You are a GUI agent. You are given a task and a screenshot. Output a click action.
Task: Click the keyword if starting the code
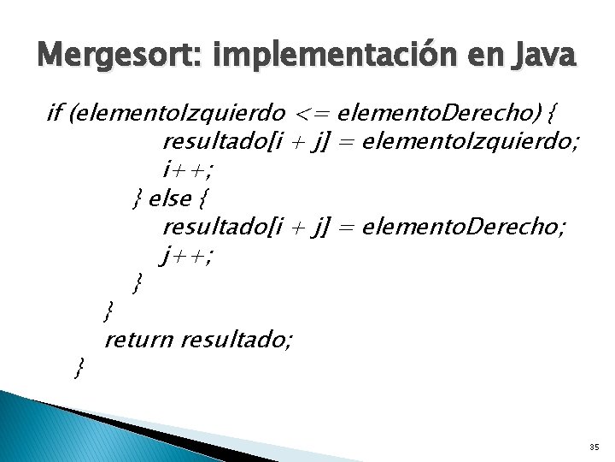[56, 112]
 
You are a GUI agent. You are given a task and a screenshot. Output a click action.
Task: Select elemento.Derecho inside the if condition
[436, 112]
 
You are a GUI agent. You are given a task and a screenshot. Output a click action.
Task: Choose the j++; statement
[186, 256]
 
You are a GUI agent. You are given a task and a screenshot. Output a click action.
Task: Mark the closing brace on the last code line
[79, 369]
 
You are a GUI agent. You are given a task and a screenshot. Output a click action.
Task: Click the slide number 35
[594, 447]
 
